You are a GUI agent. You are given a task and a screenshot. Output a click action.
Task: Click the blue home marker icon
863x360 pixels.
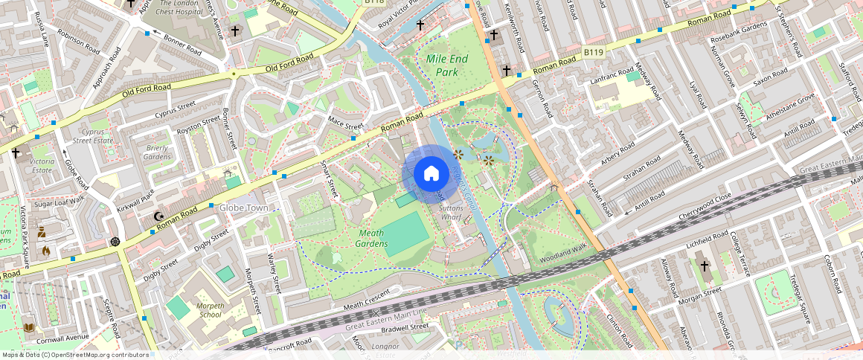431,174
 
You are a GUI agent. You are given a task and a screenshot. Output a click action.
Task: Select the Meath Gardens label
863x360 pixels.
370,238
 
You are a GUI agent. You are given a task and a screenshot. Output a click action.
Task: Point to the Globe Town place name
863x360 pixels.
243,208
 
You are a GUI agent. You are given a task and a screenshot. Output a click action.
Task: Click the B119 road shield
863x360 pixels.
592,52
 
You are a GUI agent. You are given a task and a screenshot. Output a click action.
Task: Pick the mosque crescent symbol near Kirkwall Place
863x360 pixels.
158,216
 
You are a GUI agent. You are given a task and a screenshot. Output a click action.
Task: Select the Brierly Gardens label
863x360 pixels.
157,152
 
